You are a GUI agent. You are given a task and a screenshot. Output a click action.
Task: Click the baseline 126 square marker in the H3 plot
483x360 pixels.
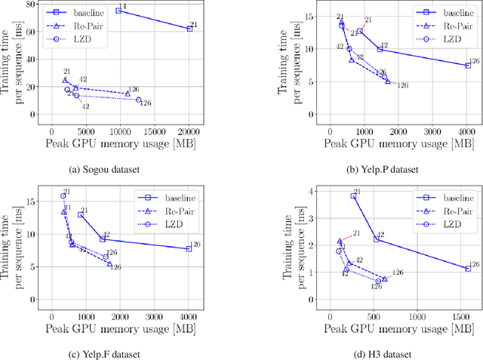pos(468,268)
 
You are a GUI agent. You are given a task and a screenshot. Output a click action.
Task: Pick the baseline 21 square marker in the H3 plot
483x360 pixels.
pos(353,195)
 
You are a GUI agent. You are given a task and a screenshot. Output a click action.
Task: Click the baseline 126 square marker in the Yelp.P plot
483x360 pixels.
pos(468,66)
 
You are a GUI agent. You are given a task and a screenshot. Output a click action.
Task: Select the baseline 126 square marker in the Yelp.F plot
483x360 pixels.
pos(189,248)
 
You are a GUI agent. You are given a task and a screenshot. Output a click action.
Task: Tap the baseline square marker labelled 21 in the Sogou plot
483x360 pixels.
pos(189,29)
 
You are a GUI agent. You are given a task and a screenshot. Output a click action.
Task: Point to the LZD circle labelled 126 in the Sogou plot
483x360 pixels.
pos(139,100)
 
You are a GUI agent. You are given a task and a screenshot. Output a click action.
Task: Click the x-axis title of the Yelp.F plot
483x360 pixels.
pos(122,329)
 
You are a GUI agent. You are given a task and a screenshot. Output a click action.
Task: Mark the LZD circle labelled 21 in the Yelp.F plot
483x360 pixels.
pos(63,196)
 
